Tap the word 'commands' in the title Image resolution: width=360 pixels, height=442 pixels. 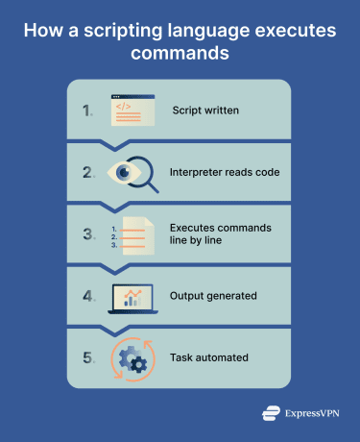click(x=180, y=54)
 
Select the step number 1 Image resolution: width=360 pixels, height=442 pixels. click(x=87, y=110)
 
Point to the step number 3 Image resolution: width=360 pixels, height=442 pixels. click(x=87, y=233)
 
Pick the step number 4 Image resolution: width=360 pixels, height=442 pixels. click(x=87, y=296)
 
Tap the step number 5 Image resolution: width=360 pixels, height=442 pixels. click(x=87, y=357)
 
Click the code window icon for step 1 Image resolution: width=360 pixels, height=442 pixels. click(x=132, y=110)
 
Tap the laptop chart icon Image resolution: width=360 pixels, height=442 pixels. click(x=132, y=296)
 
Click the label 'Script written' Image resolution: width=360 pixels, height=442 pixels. click(x=205, y=110)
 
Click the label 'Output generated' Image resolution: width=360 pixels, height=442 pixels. click(x=214, y=296)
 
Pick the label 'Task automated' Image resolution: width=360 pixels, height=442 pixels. click(x=210, y=357)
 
